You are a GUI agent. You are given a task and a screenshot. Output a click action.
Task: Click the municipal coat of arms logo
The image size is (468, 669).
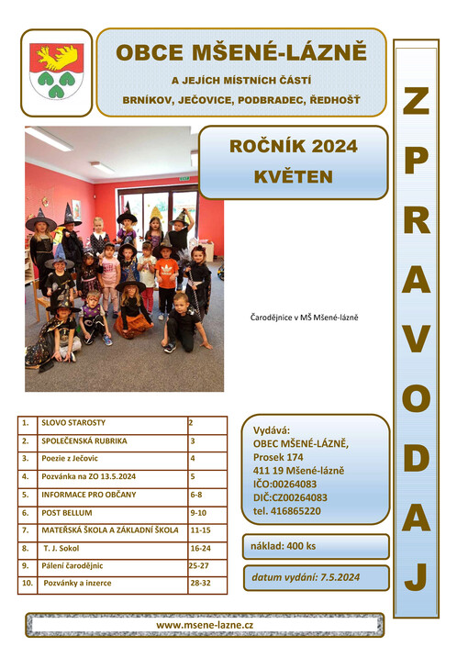[56, 72]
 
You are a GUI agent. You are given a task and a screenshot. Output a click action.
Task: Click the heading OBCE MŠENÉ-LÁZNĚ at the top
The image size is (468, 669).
[240, 52]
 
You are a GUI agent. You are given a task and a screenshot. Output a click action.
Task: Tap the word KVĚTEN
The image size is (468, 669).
[294, 176]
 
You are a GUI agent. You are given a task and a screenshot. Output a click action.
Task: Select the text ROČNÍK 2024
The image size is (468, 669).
[294, 146]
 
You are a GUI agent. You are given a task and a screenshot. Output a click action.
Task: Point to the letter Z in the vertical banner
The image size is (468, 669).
[415, 101]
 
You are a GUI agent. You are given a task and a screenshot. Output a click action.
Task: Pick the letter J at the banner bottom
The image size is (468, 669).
[416, 575]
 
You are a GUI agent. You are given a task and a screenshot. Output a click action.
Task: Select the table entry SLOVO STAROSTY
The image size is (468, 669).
[74, 423]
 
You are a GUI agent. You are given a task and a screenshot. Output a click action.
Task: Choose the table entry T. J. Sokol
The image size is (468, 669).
[61, 548]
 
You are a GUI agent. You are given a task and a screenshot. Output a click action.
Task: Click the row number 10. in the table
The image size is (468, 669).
[28, 583]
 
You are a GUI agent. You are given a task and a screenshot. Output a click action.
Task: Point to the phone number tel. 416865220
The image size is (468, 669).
[287, 510]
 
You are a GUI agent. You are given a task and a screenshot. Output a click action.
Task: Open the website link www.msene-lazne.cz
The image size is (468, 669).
[205, 624]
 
